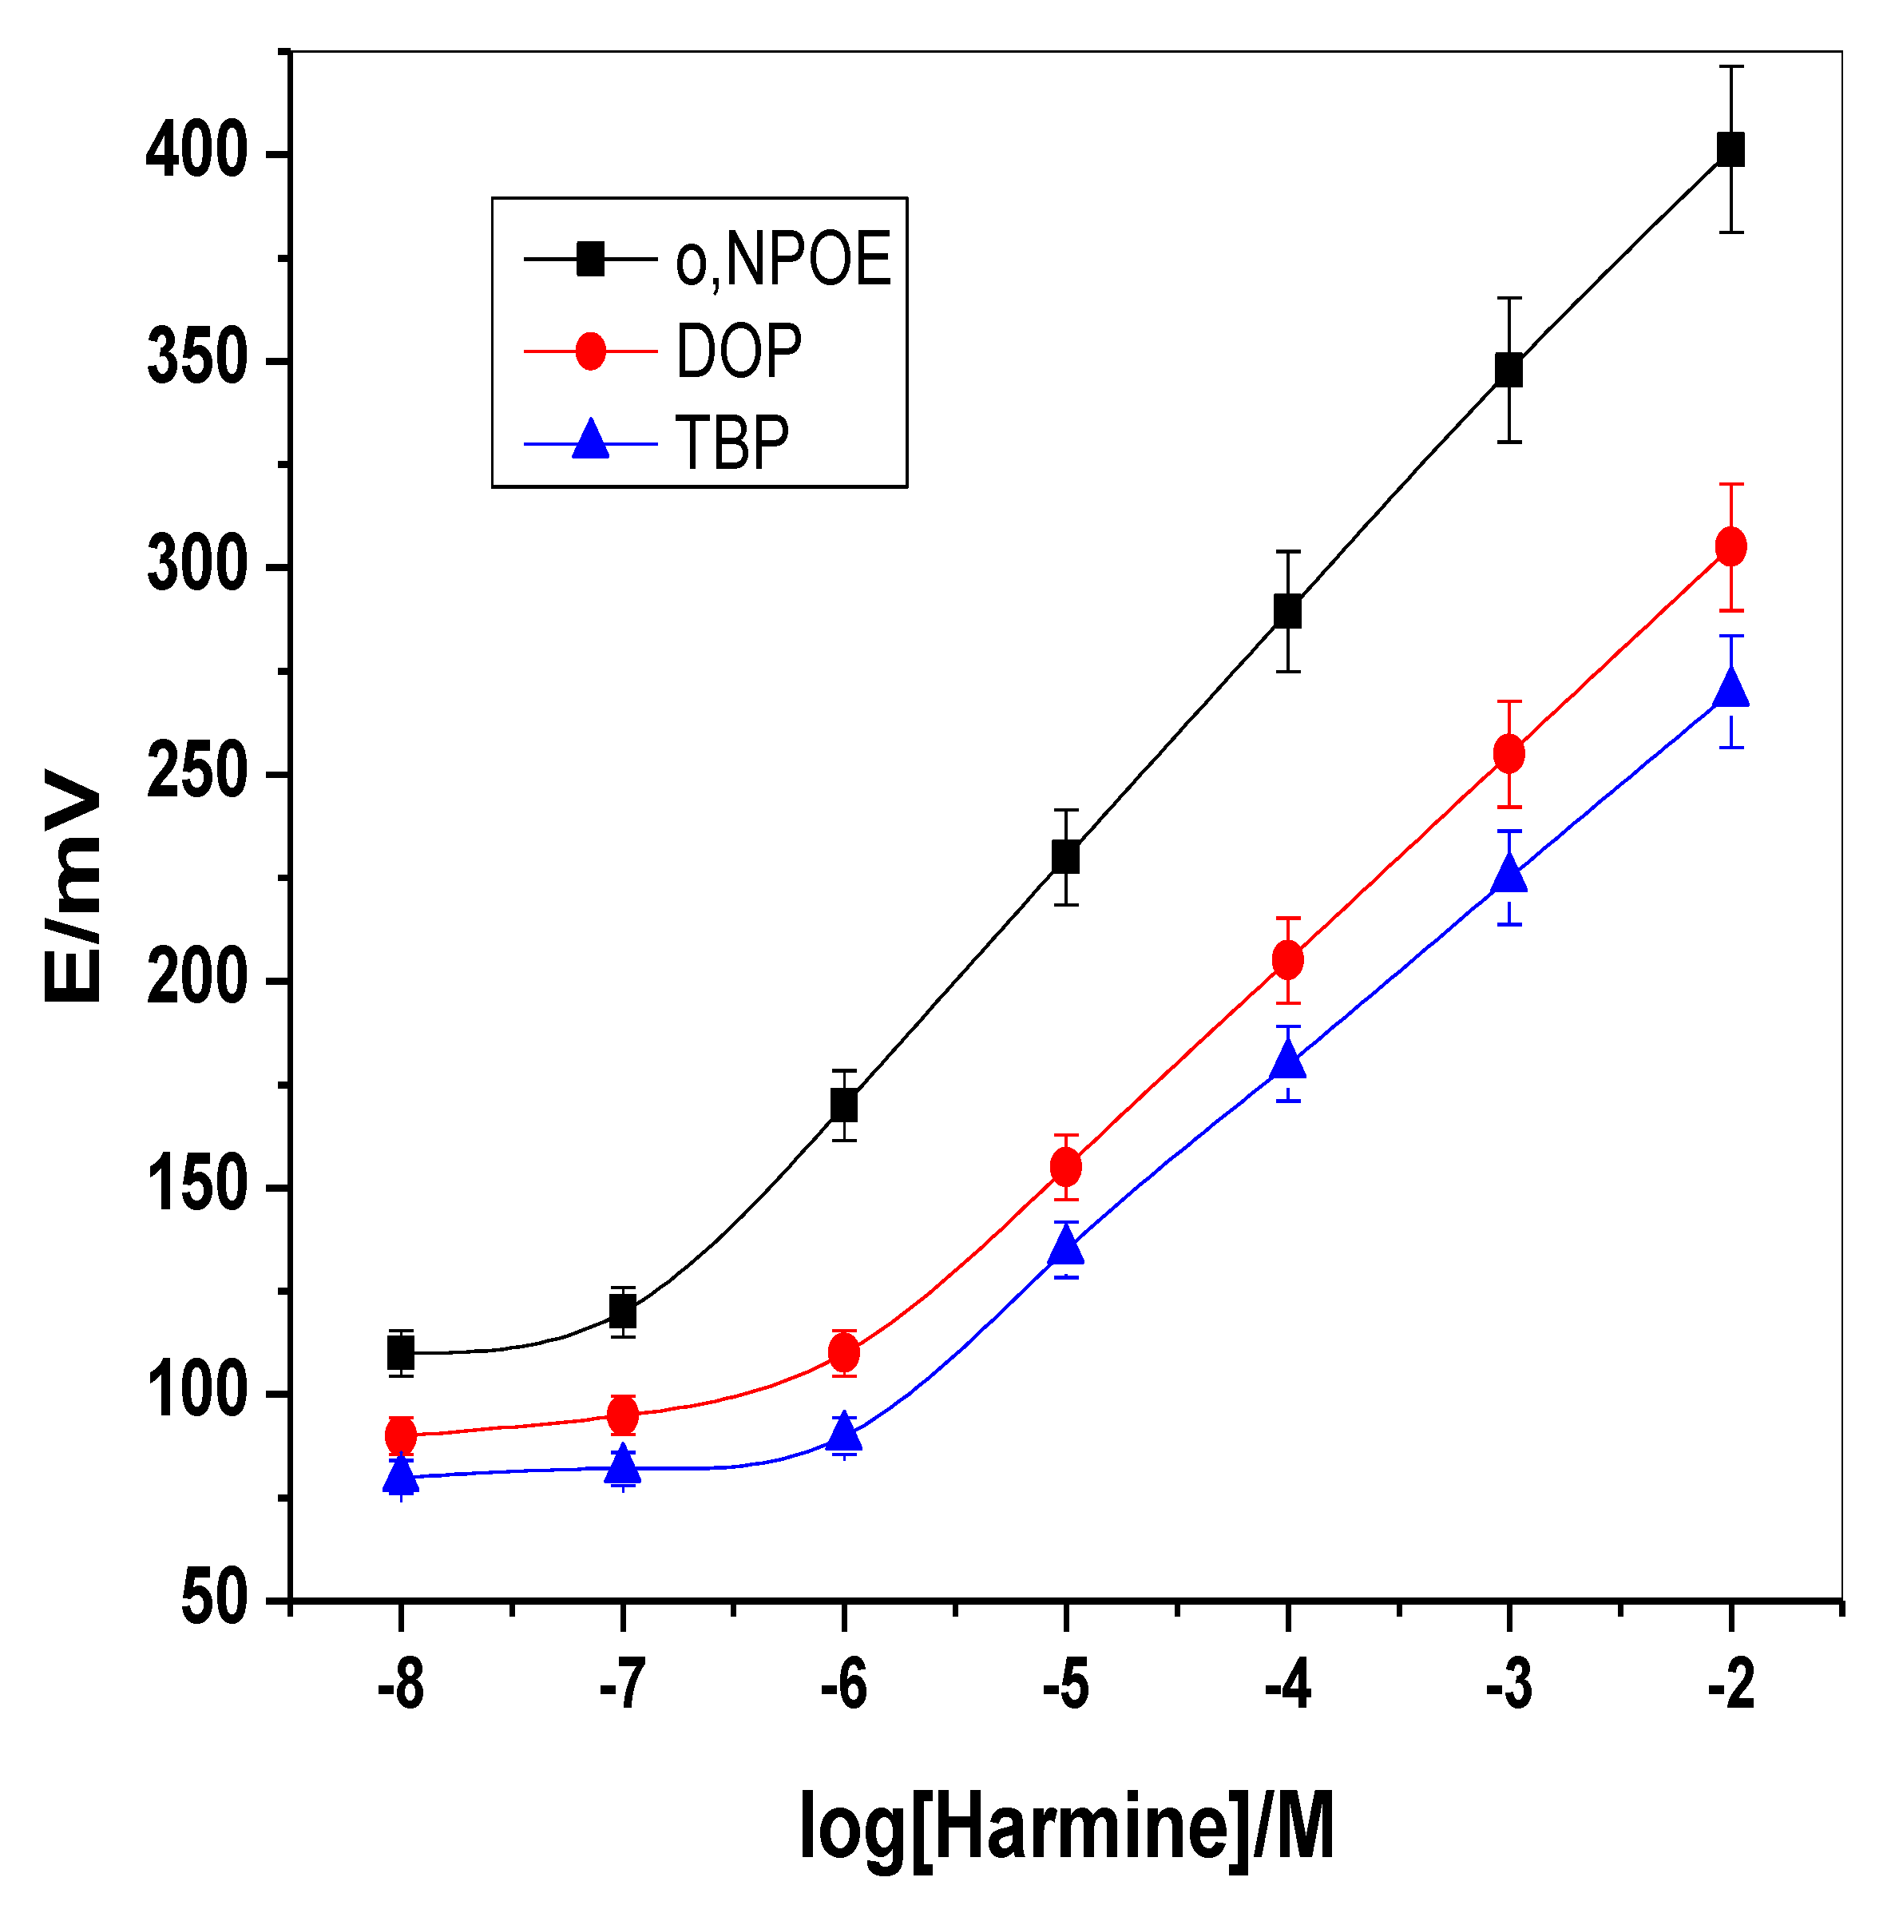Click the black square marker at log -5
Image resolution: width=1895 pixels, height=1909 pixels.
click(x=1065, y=857)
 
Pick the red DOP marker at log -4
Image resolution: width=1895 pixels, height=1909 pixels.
click(x=1287, y=959)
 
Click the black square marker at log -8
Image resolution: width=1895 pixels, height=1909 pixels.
click(x=400, y=1351)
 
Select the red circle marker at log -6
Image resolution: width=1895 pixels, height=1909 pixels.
click(x=844, y=1351)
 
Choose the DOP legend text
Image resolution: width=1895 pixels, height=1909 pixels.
click(x=738, y=351)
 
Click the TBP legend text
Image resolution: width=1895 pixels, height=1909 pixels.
click(x=732, y=443)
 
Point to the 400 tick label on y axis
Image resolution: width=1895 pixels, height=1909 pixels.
click(x=196, y=153)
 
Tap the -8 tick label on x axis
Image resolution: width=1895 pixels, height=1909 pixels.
click(x=400, y=1685)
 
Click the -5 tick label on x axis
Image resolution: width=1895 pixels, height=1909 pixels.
click(x=1065, y=1685)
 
